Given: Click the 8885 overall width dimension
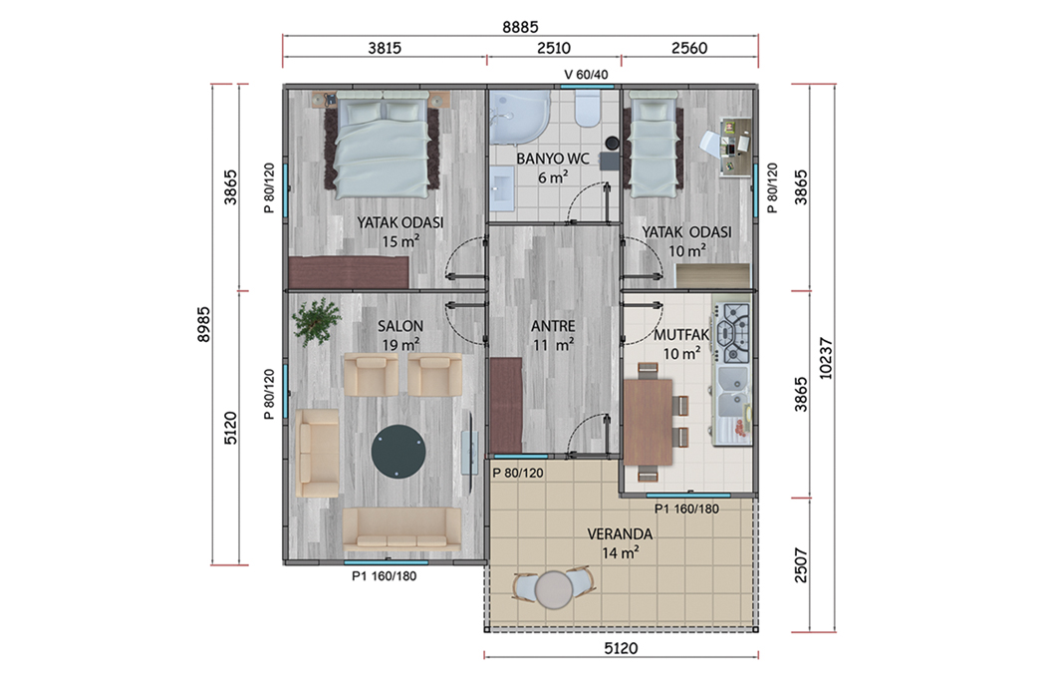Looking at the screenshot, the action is point(520,27).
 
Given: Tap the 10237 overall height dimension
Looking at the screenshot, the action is point(826,358).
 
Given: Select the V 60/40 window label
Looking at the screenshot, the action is point(586,75).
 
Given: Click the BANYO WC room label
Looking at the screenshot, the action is point(553,159).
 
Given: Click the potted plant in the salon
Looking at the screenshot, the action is point(317,321).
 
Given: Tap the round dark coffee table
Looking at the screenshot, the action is point(398,452).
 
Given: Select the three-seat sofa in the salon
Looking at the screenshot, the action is point(402,528).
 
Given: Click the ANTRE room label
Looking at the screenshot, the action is point(553,326).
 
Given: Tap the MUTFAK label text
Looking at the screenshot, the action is point(681,335).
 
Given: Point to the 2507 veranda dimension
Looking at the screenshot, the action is point(800,565).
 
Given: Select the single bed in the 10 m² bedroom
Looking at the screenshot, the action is point(654,144).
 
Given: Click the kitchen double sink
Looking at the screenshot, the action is point(733,392).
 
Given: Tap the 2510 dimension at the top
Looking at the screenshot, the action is point(553,48).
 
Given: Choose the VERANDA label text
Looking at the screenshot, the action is point(620,534).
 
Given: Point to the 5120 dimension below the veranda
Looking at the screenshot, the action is point(620,648).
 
